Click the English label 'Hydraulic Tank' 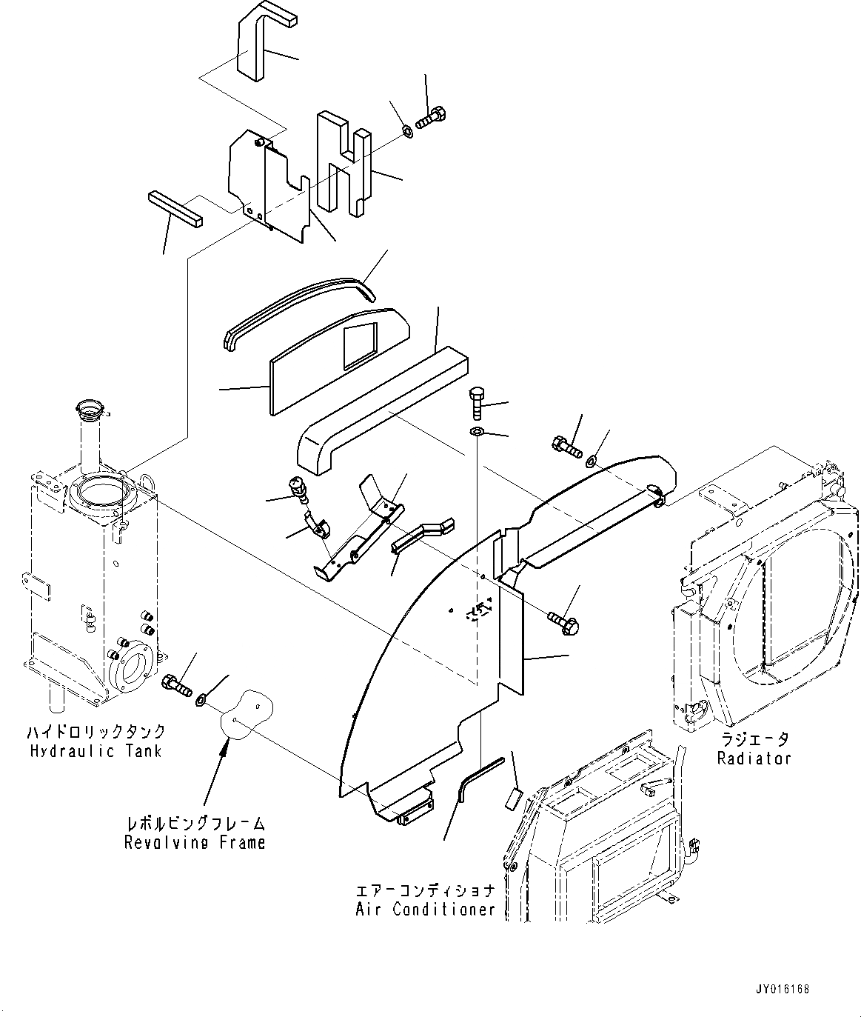[x=96, y=751]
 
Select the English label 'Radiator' [x=754, y=758]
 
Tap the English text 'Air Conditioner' [x=425, y=909]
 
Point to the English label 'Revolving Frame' [x=195, y=842]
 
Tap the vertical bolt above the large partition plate [x=476, y=404]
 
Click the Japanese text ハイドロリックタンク [x=96, y=732]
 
